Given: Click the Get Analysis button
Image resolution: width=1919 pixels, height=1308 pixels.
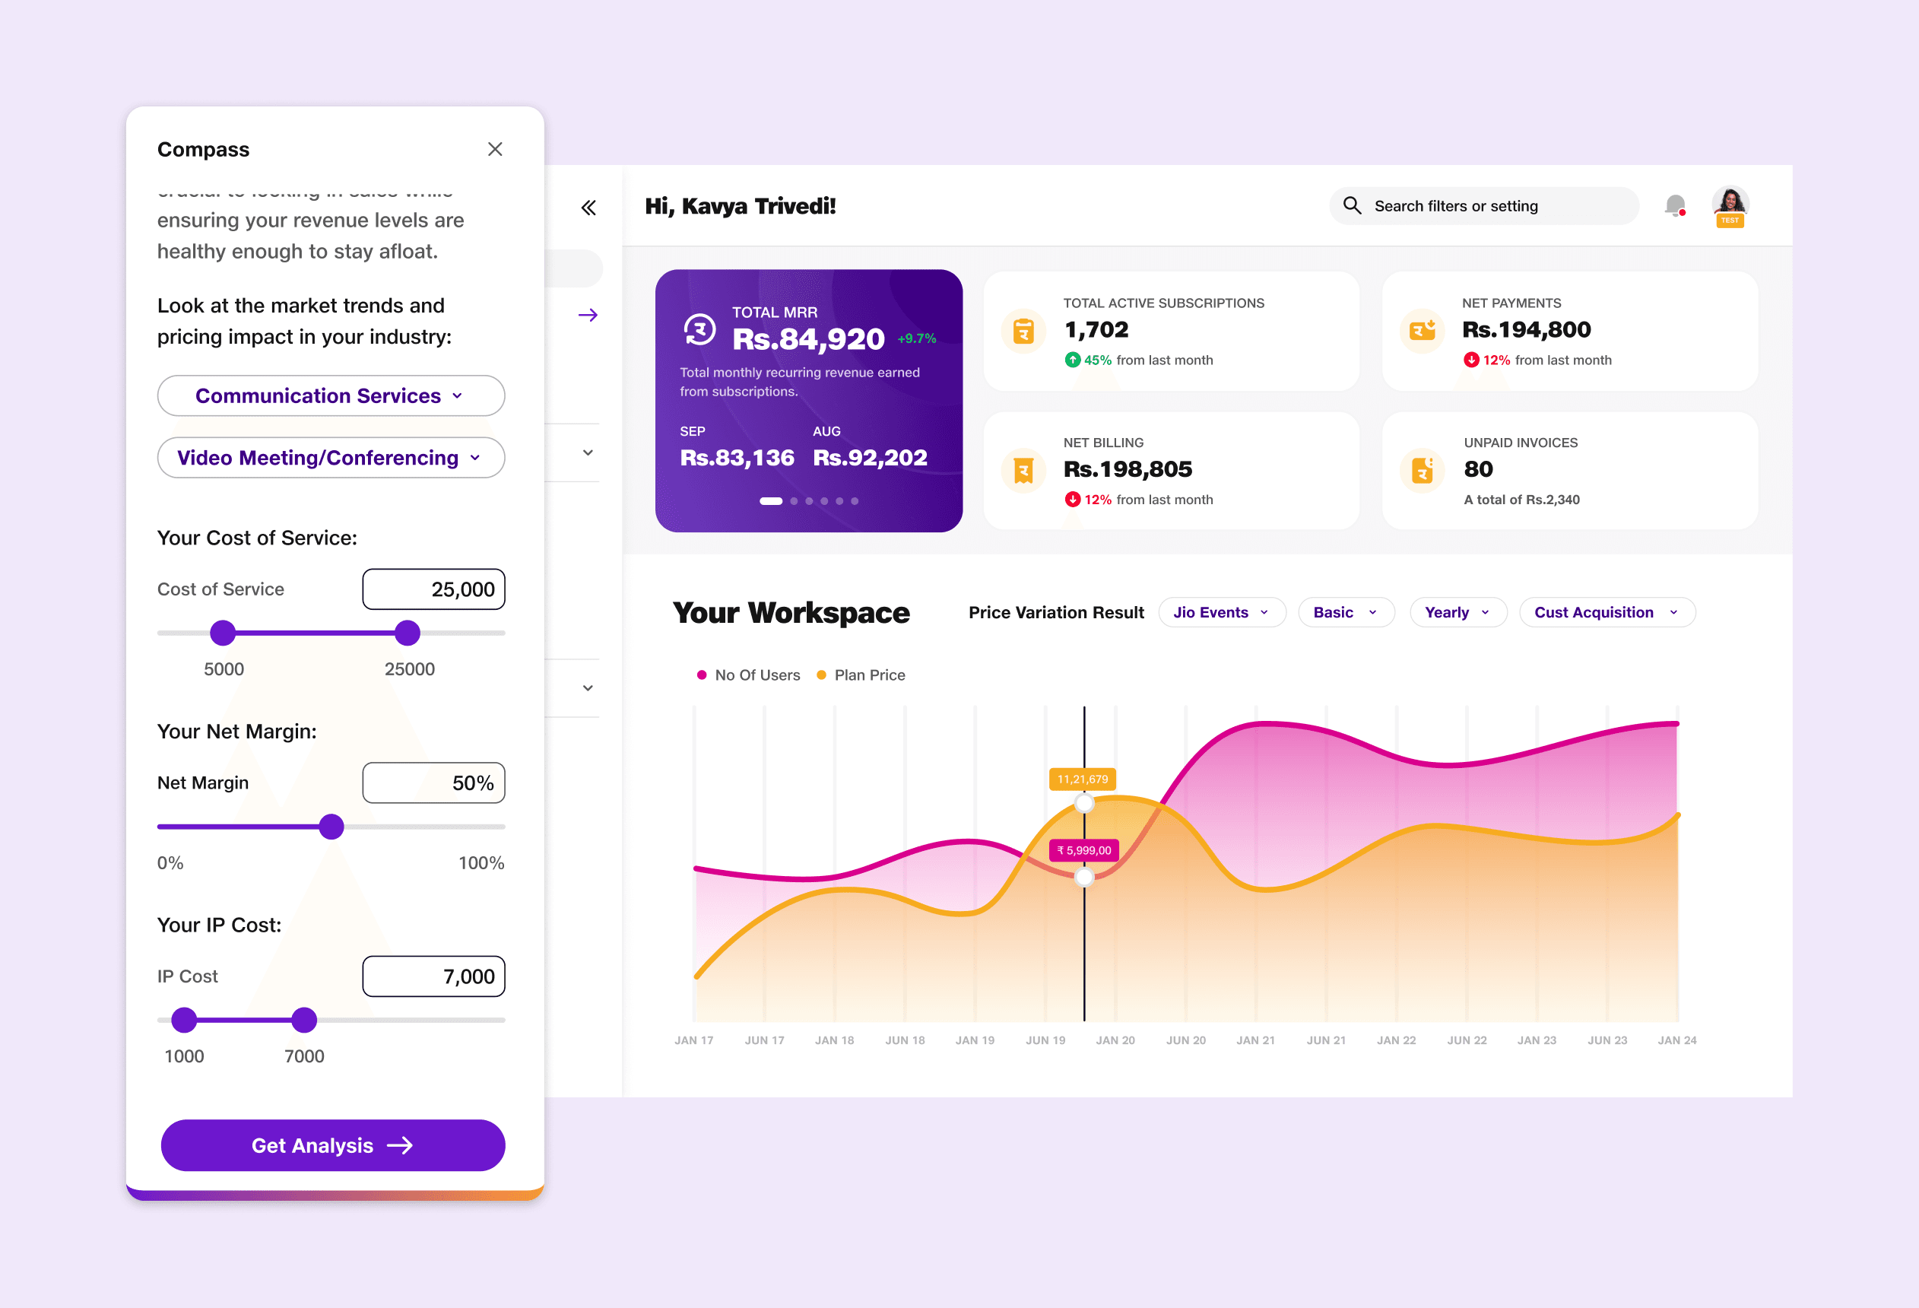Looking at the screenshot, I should (x=332, y=1145).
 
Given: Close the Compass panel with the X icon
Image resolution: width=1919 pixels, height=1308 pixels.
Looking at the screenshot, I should (x=495, y=150).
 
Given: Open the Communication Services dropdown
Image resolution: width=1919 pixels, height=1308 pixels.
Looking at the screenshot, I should (x=330, y=395).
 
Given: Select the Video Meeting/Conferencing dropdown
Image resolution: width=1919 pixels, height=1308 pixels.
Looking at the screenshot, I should (x=330, y=458).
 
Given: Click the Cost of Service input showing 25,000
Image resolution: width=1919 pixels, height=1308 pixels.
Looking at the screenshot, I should (x=433, y=589).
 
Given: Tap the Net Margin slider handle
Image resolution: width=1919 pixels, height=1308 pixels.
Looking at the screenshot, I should (x=331, y=827).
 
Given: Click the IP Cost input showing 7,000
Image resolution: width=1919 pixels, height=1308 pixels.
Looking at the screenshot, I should (x=433, y=977).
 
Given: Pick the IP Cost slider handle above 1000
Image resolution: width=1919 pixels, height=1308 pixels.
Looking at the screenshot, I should (x=184, y=1020).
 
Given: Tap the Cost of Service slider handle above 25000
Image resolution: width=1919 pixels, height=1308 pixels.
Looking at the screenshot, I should (x=407, y=633).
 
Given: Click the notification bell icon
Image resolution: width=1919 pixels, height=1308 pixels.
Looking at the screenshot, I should (x=1675, y=205).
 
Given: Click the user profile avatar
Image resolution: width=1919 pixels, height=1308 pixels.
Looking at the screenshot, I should (x=1730, y=204).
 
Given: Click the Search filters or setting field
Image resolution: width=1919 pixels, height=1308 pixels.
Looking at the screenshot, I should (x=1483, y=206).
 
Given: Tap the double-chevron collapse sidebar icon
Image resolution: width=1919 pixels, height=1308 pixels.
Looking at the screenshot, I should (x=588, y=208).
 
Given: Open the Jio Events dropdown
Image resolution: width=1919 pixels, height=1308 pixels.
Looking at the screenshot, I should (x=1221, y=613).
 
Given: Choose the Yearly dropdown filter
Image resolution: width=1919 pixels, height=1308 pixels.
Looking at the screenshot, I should (x=1457, y=613).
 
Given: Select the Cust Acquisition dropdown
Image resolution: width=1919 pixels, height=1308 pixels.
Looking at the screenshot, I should (x=1606, y=613).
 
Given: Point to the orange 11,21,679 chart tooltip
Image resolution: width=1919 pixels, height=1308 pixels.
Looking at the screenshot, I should (x=1083, y=779).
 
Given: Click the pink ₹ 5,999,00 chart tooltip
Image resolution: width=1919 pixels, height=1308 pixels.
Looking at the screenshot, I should (x=1083, y=850).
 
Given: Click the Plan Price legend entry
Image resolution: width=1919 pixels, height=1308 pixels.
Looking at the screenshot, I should (x=861, y=675).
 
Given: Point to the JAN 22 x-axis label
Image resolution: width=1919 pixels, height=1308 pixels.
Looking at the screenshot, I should (x=1395, y=1040).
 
